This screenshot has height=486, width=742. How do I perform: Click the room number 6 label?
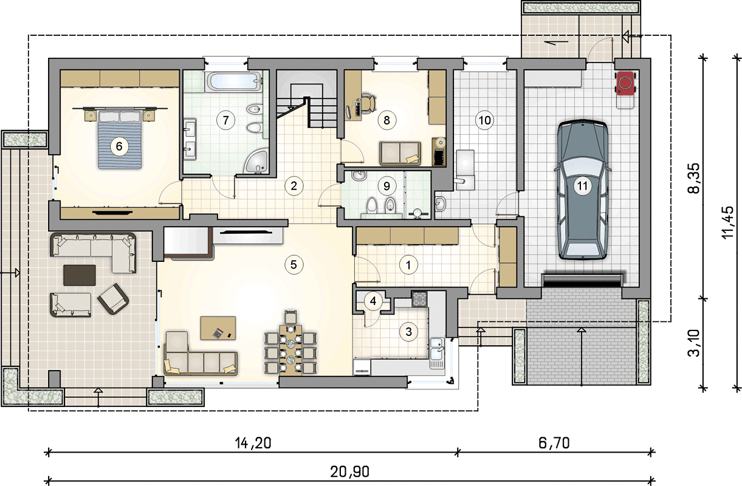119,146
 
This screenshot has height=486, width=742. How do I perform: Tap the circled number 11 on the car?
582,186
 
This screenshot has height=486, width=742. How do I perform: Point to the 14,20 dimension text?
253,443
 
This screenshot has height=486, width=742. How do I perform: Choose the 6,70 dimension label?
554,443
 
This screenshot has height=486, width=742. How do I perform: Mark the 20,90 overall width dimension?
350,472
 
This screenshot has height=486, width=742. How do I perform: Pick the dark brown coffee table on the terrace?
80,275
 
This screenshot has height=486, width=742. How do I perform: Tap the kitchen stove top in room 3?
419,298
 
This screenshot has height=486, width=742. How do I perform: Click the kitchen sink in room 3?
438,353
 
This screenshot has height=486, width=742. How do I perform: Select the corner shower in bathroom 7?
256,161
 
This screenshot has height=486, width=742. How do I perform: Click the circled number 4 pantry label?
373,301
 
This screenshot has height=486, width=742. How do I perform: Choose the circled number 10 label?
484,120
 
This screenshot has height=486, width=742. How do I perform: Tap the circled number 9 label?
386,186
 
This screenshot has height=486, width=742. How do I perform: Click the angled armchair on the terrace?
113,299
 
